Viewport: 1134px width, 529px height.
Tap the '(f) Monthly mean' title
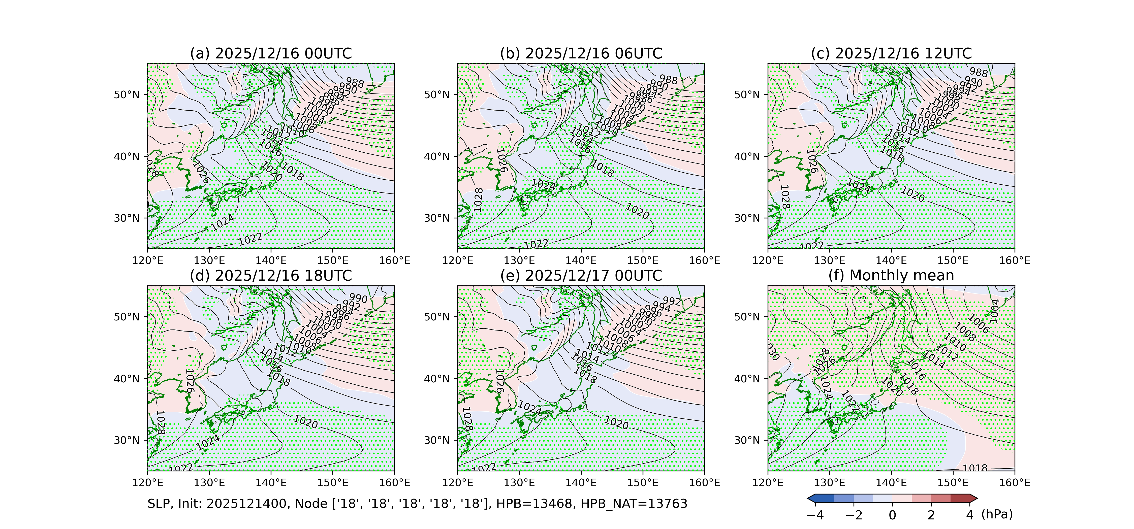point(891,276)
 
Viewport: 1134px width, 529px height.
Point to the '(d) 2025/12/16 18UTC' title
point(271,276)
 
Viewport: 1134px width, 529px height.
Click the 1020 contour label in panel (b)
point(637,211)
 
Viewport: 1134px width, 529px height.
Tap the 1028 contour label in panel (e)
point(467,418)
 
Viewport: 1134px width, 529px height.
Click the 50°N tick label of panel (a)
point(127,95)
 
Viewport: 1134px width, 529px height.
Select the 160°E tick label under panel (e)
point(704,483)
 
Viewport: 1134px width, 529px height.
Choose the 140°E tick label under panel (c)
point(891,260)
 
